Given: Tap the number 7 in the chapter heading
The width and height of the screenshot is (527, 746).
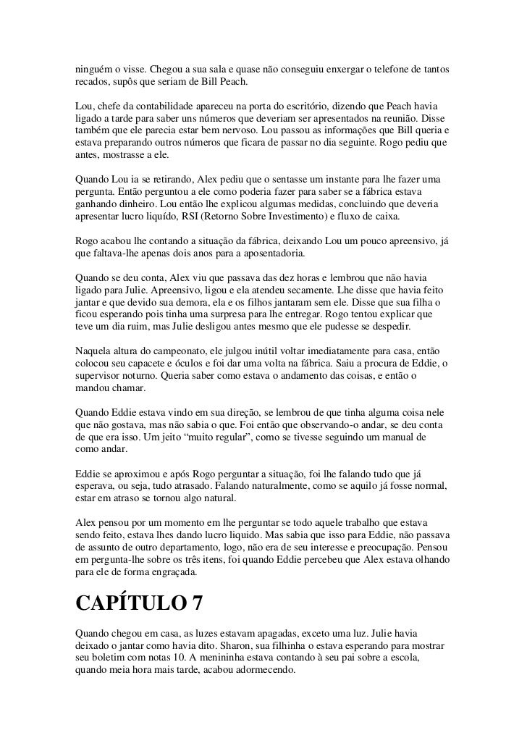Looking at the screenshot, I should coord(197,603).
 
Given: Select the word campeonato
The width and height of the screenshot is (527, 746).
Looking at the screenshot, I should coord(168,350).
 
